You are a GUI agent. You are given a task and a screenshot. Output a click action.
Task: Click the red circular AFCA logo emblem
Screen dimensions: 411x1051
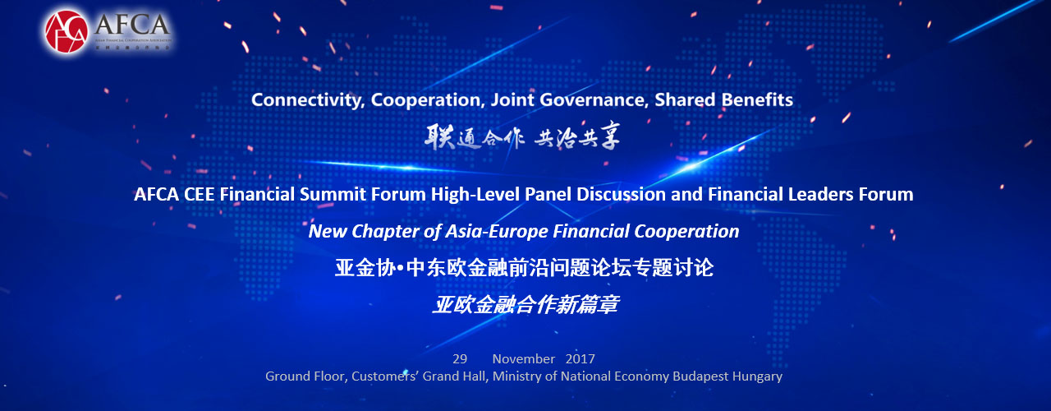67,31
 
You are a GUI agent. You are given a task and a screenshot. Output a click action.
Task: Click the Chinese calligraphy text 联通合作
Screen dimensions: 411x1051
473,136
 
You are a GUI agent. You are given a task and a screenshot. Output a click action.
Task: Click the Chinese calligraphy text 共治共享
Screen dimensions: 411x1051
577,136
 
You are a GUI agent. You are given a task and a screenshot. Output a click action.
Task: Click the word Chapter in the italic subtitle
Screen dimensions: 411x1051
382,232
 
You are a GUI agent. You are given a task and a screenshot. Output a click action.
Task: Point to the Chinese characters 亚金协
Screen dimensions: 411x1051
361,268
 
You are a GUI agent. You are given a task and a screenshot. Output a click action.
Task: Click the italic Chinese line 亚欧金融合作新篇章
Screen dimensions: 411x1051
525,305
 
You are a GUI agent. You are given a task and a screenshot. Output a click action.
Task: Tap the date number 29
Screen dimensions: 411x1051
460,359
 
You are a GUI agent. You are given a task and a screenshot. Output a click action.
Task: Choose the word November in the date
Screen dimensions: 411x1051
524,359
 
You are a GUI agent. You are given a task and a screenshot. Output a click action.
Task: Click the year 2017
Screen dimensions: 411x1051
580,359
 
